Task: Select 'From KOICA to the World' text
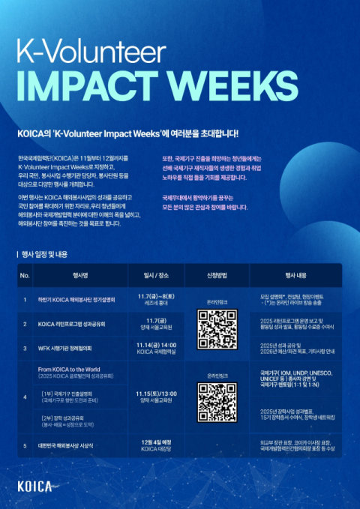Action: coord(72,369)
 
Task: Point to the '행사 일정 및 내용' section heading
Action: coord(51,254)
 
